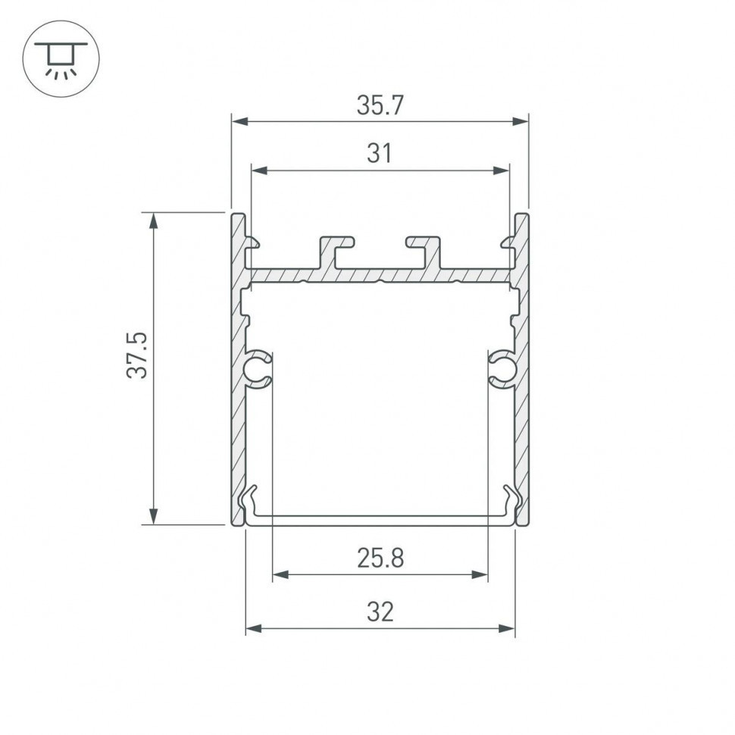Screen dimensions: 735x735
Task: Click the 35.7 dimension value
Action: coord(380,106)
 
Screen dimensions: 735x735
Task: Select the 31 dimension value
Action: coord(380,154)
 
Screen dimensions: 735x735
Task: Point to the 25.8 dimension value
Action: coord(380,559)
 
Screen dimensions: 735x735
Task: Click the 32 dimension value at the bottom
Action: coord(380,611)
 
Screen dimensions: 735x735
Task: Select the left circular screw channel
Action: coord(258,368)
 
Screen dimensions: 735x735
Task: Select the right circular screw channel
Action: coord(502,368)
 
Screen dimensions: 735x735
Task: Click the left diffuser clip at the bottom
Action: coord(249,502)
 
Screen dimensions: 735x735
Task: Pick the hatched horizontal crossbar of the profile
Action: coord(380,276)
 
